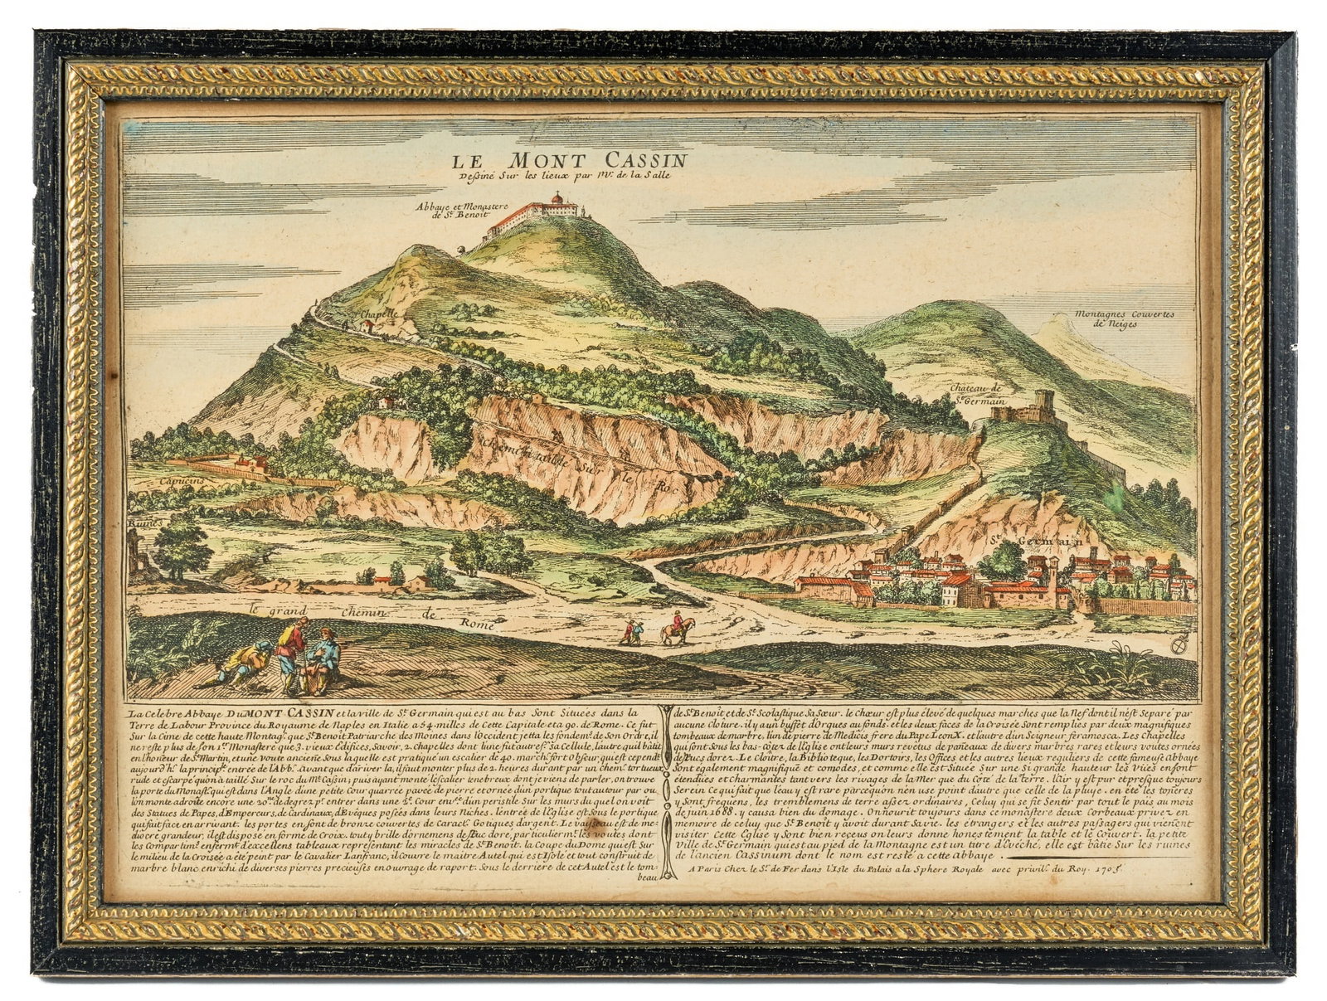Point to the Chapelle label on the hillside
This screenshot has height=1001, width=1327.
[x=380, y=316]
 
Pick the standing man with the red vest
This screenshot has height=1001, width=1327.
[x=289, y=652]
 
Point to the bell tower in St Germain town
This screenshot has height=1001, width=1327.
[x=1050, y=572]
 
